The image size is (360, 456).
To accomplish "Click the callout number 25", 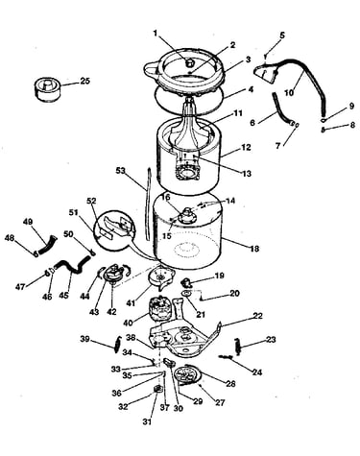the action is tap(84, 81).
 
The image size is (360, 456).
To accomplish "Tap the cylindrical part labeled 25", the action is tap(47, 87).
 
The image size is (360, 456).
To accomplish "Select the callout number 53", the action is tap(121, 170).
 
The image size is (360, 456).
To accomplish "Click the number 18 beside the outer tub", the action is tap(254, 249).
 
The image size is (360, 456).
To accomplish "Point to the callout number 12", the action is tap(247, 148).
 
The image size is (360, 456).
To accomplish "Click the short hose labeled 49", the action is tap(47, 245).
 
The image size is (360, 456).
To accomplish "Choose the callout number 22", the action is tap(257, 316).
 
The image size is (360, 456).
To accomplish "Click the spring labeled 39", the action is tap(117, 345).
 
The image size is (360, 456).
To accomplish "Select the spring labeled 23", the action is tap(237, 346).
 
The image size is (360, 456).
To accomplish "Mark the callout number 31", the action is tap(147, 421).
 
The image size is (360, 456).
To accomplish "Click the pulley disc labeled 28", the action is tap(190, 373).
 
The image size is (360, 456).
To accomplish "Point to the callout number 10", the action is tap(289, 93).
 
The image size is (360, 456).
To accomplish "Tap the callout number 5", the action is tap(281, 36).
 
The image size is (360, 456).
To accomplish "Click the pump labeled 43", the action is tap(112, 274).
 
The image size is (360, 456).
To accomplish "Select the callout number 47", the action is tap(20, 287).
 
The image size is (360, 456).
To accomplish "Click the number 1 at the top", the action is tap(156, 33).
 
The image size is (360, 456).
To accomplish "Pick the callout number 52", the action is tap(91, 201).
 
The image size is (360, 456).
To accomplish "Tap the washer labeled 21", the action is tap(187, 293).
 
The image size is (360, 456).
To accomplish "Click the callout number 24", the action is tap(257, 372).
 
